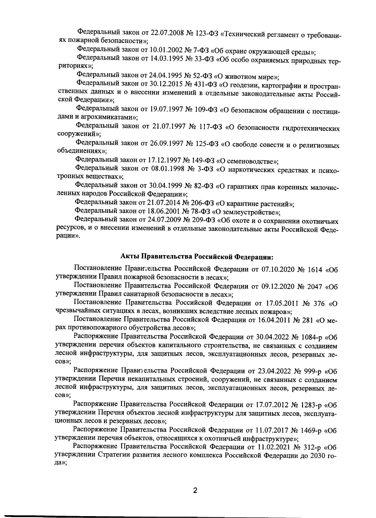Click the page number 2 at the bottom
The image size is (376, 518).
click(x=195, y=490)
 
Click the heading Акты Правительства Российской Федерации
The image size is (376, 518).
click(x=197, y=256)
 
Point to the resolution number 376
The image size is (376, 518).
click(x=318, y=303)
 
